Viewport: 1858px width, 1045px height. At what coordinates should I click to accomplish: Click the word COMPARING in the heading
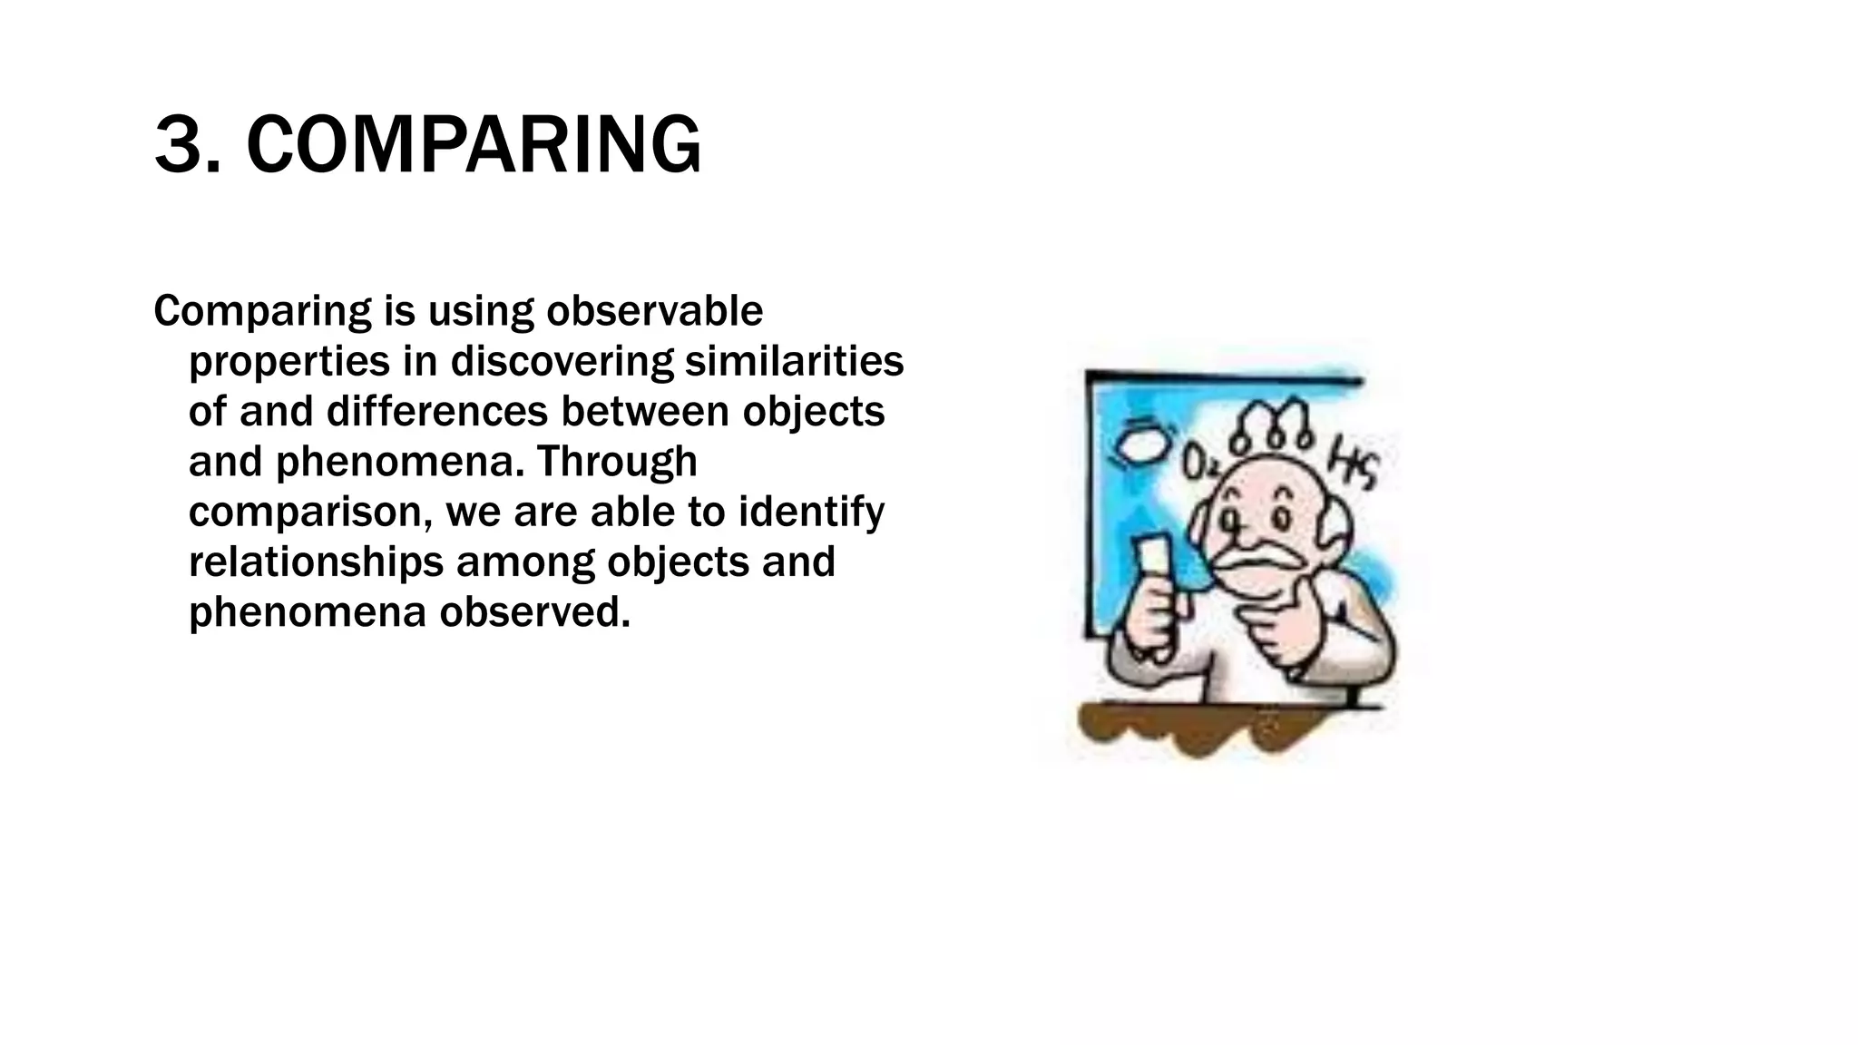point(474,145)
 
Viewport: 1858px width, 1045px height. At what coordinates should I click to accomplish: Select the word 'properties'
point(289,362)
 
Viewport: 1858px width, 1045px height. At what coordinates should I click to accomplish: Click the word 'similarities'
point(794,361)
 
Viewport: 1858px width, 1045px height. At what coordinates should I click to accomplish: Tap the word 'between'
point(645,411)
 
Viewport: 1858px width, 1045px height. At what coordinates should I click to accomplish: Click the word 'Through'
point(617,462)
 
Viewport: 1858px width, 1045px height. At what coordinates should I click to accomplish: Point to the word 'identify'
point(811,512)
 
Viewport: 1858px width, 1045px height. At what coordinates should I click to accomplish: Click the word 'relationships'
point(316,562)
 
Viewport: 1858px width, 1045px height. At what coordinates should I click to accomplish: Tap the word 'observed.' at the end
point(534,612)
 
